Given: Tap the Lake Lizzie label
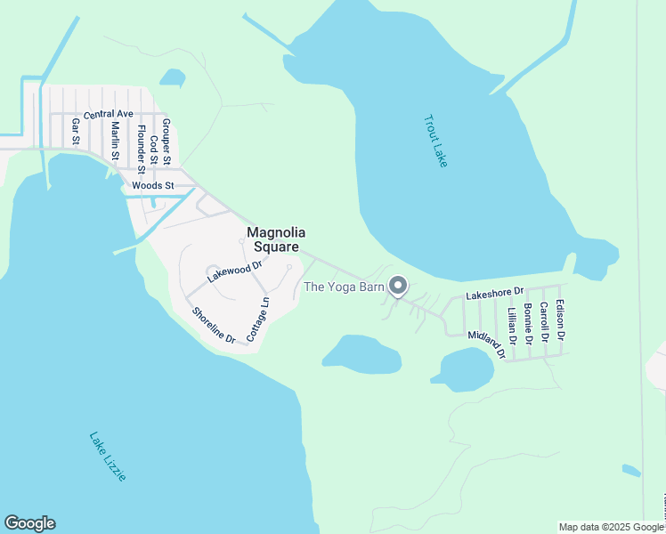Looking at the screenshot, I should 108,457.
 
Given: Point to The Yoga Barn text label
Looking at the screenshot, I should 344,287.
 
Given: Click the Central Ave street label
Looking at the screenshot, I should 108,114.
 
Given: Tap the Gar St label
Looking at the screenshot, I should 77,132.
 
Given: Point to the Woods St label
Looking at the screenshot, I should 150,186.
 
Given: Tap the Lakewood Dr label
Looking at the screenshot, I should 234,271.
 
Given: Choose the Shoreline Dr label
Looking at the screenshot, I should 214,326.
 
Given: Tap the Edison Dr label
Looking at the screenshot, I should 560,320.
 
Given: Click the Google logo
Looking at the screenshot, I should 29,523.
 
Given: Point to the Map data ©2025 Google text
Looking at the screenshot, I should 611,527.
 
